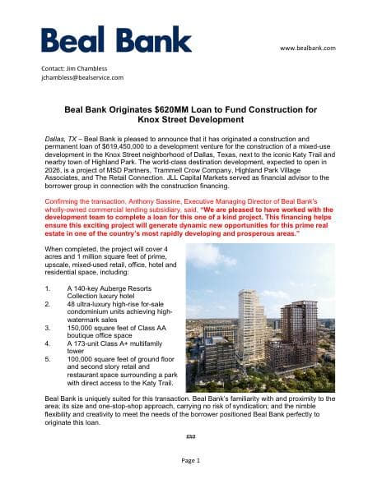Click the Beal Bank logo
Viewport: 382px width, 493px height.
click(116, 39)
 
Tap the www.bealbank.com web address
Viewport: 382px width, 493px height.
click(308, 48)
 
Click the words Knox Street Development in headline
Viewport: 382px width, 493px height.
click(190, 119)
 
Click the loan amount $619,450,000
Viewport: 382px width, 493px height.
click(126, 150)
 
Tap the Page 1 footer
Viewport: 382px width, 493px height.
click(190, 461)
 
